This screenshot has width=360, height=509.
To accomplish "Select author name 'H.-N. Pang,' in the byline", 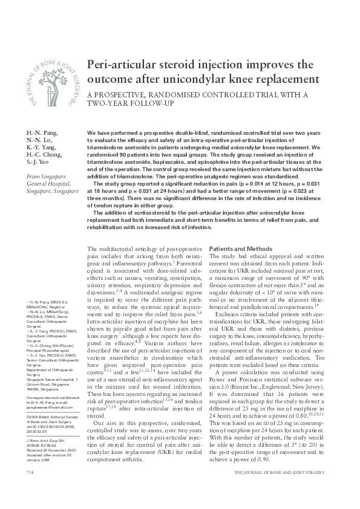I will point(41,132).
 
